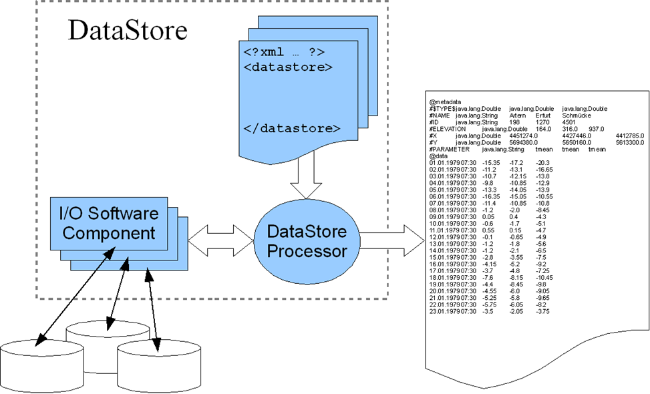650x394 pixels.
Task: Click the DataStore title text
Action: click(128, 31)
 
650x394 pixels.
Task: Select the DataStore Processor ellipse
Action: click(307, 241)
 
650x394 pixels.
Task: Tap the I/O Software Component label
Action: click(110, 224)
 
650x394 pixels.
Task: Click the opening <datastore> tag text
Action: click(288, 67)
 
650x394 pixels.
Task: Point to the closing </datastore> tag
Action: click(292, 128)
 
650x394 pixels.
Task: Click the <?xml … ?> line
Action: click(280, 52)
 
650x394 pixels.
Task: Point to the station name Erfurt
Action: click(542, 115)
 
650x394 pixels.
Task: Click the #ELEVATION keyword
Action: click(447, 128)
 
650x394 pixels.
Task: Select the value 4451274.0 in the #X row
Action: click(528, 135)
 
